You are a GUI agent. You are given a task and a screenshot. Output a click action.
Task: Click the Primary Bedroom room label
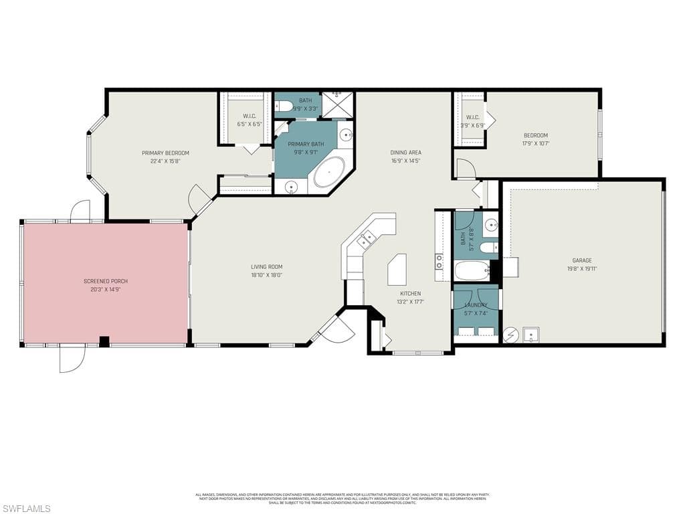pyautogui.click(x=165, y=153)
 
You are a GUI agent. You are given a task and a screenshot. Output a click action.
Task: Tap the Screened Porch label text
pyautogui.click(x=106, y=281)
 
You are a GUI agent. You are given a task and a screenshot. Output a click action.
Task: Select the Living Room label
pyautogui.click(x=266, y=266)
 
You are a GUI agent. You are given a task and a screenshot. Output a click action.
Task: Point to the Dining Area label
pyautogui.click(x=406, y=153)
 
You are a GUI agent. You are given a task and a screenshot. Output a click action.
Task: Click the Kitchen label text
pyautogui.click(x=411, y=293)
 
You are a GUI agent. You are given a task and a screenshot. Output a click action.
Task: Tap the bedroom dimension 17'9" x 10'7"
pyautogui.click(x=535, y=143)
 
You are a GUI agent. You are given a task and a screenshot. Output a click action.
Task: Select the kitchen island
pyautogui.click(x=397, y=269)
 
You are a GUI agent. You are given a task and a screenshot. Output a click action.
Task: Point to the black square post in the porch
pyautogui.click(x=104, y=341)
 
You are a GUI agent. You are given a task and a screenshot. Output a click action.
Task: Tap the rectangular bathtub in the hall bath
pyautogui.click(x=472, y=271)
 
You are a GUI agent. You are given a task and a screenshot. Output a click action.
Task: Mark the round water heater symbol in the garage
pyautogui.click(x=510, y=334)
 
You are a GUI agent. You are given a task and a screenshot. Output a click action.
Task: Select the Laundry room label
pyautogui.click(x=476, y=305)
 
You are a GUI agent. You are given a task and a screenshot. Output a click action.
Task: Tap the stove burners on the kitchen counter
pyautogui.click(x=439, y=262)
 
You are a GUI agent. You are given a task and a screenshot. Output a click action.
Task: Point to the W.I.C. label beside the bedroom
pyautogui.click(x=473, y=117)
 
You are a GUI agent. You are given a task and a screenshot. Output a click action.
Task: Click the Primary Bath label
pyautogui.click(x=306, y=144)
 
